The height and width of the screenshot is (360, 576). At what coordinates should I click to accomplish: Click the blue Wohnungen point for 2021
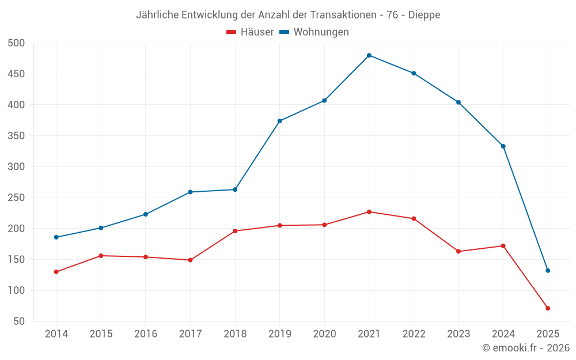tap(369, 55)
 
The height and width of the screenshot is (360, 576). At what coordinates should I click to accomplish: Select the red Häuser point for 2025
tap(548, 308)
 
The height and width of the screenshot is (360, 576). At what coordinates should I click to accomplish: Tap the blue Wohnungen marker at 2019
tap(280, 121)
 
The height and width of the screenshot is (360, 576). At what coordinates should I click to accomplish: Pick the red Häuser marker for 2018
tap(235, 231)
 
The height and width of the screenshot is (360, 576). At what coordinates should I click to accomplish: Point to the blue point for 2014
tap(56, 237)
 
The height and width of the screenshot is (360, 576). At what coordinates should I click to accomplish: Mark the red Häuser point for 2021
tap(369, 212)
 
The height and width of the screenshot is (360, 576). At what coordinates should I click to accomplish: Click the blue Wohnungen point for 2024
tap(503, 146)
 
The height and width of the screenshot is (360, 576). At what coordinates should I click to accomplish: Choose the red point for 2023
tap(458, 251)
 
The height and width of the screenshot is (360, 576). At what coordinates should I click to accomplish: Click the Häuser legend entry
tap(250, 32)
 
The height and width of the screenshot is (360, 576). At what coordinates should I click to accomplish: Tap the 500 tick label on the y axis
tap(17, 43)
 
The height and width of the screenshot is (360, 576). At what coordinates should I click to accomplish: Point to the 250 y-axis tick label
tap(17, 198)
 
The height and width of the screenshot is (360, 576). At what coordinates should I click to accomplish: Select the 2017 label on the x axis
tap(190, 334)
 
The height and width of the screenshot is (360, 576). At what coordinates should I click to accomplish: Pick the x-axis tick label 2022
tap(414, 334)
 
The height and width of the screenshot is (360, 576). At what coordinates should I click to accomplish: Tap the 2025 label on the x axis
tap(548, 334)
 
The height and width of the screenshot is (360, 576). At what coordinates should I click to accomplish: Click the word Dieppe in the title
tap(424, 15)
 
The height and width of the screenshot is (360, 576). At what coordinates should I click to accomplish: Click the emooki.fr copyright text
tap(526, 348)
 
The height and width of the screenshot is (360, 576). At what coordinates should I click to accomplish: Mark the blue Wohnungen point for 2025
tap(548, 271)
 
